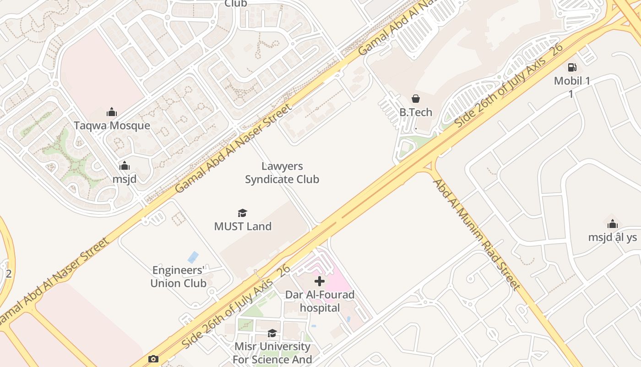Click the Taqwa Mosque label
[x=112, y=125]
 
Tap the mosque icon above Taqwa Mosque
[x=112, y=112]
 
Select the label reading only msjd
[x=125, y=179]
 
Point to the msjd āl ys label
[x=613, y=237]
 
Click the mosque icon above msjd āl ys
[x=613, y=224]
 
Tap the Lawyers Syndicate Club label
[x=282, y=172]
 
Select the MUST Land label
[x=243, y=226]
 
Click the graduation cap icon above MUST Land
[x=243, y=213]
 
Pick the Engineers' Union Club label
[x=179, y=277]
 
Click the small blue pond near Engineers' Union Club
[x=193, y=257]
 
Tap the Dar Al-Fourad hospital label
[x=320, y=301]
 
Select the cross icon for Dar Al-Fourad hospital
[x=320, y=281]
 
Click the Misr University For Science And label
[x=272, y=352]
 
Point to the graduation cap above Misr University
[x=272, y=333]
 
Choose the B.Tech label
[x=416, y=112]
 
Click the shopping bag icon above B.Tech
[x=416, y=99]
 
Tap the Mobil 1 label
[x=572, y=81]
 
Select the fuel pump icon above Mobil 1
[x=572, y=67]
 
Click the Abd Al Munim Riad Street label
[x=477, y=234]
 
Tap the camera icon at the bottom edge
[x=153, y=359]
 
